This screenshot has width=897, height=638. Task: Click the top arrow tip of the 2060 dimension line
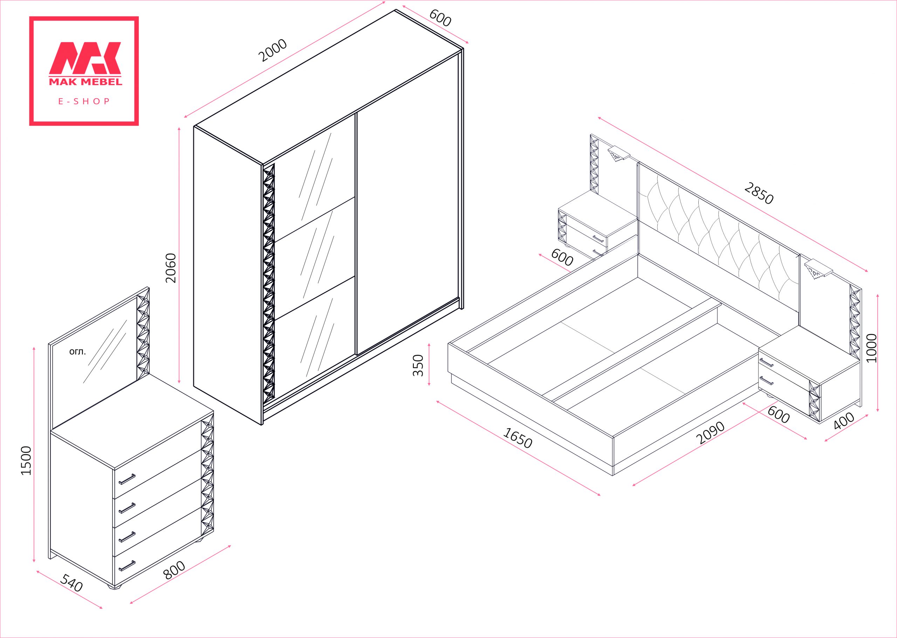click(x=179, y=127)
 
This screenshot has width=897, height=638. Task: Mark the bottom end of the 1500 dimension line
click(x=34, y=562)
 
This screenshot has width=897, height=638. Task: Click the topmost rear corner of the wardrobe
click(x=395, y=9)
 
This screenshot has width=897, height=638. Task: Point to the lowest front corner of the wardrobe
click(x=262, y=425)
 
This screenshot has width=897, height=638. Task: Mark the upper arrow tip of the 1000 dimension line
click(x=878, y=294)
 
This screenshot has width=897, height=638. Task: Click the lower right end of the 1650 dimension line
click(x=600, y=495)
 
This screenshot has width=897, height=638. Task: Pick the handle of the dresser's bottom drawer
click(x=127, y=565)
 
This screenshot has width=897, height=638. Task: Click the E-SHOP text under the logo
click(x=84, y=101)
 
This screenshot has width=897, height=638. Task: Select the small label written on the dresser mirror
click(x=77, y=352)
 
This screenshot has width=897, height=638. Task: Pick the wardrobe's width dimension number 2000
click(x=273, y=51)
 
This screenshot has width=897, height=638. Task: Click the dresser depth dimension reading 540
click(x=71, y=583)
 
